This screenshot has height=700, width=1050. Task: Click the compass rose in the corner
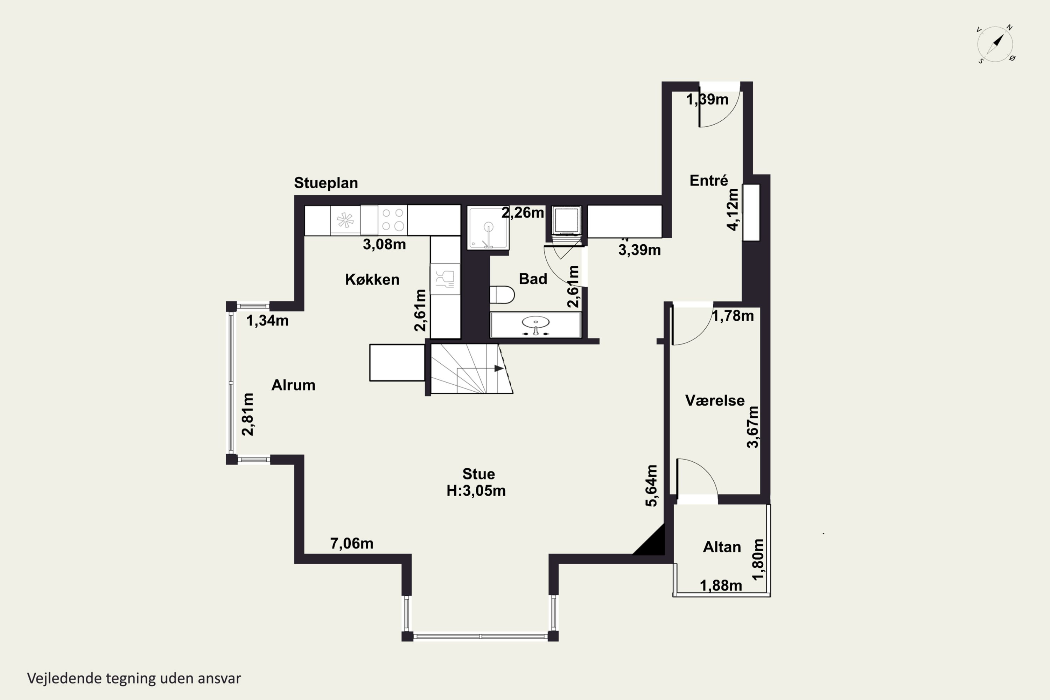point(995,44)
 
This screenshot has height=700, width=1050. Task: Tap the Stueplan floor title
point(326,183)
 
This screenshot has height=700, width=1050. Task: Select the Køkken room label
point(372,279)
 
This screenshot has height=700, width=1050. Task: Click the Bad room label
point(533,279)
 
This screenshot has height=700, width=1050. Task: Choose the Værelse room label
point(715,400)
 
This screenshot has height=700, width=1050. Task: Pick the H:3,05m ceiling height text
point(476,491)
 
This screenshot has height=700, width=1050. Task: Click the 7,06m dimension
point(352,543)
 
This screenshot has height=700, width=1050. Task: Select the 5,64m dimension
point(652,486)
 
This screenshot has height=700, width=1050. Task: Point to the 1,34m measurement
point(267,321)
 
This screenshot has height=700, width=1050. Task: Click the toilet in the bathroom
point(502,295)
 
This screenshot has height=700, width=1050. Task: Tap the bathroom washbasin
point(536,324)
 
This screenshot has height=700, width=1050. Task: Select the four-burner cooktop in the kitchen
point(393,220)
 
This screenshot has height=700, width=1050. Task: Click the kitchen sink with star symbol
point(345,220)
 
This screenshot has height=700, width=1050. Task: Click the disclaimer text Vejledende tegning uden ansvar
point(134,679)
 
